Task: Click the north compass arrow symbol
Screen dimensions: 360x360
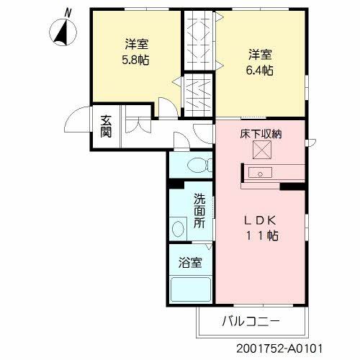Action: (62, 32)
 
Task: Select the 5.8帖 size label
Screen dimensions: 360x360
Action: (135, 60)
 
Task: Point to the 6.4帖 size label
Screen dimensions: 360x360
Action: (260, 70)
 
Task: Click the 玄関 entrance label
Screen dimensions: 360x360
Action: (105, 126)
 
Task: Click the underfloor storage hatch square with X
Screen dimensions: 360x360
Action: (261, 152)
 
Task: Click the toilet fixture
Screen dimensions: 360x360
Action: (195, 165)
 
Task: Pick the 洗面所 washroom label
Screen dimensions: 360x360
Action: (199, 212)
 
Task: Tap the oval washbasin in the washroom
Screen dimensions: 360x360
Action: (178, 229)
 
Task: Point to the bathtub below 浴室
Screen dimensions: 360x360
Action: (190, 289)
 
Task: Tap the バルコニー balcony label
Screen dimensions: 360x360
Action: (250, 320)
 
